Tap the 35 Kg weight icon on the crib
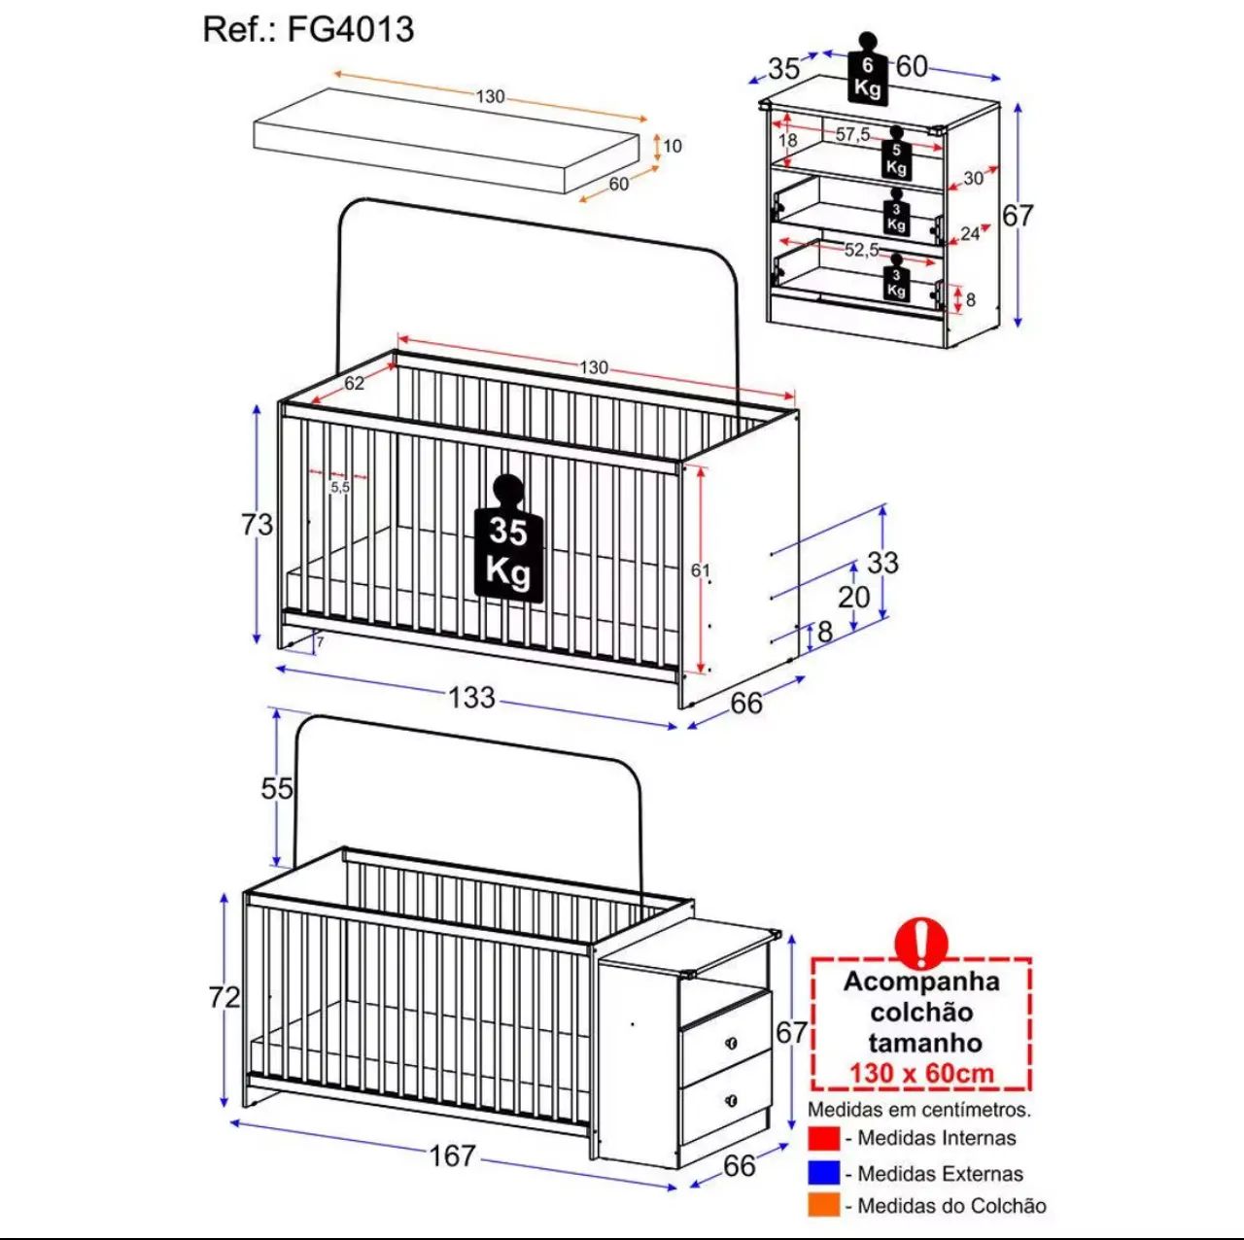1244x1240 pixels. pyautogui.click(x=508, y=538)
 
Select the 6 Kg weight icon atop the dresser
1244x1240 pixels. pyautogui.click(x=867, y=68)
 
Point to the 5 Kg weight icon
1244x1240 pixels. pyautogui.click(x=896, y=153)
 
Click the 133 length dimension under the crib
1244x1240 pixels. pyautogui.click(x=472, y=698)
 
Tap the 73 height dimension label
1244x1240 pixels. pyautogui.click(x=257, y=525)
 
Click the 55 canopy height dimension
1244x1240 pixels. pyautogui.click(x=277, y=789)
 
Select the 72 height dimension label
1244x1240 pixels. pyautogui.click(x=225, y=998)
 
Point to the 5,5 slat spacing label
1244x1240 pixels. pyautogui.click(x=340, y=487)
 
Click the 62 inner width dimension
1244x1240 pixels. pyautogui.click(x=354, y=383)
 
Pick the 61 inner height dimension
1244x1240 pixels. pyautogui.click(x=700, y=570)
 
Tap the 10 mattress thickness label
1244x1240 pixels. pyautogui.click(x=672, y=147)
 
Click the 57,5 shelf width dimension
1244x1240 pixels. pyautogui.click(x=852, y=134)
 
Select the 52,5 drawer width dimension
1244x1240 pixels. pyautogui.click(x=862, y=249)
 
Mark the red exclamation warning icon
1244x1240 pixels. pyautogui.click(x=922, y=944)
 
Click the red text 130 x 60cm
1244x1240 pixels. pyautogui.click(x=921, y=1074)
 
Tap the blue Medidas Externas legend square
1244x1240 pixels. pyautogui.click(x=824, y=1173)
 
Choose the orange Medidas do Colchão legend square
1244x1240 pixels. pyautogui.click(x=824, y=1206)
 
